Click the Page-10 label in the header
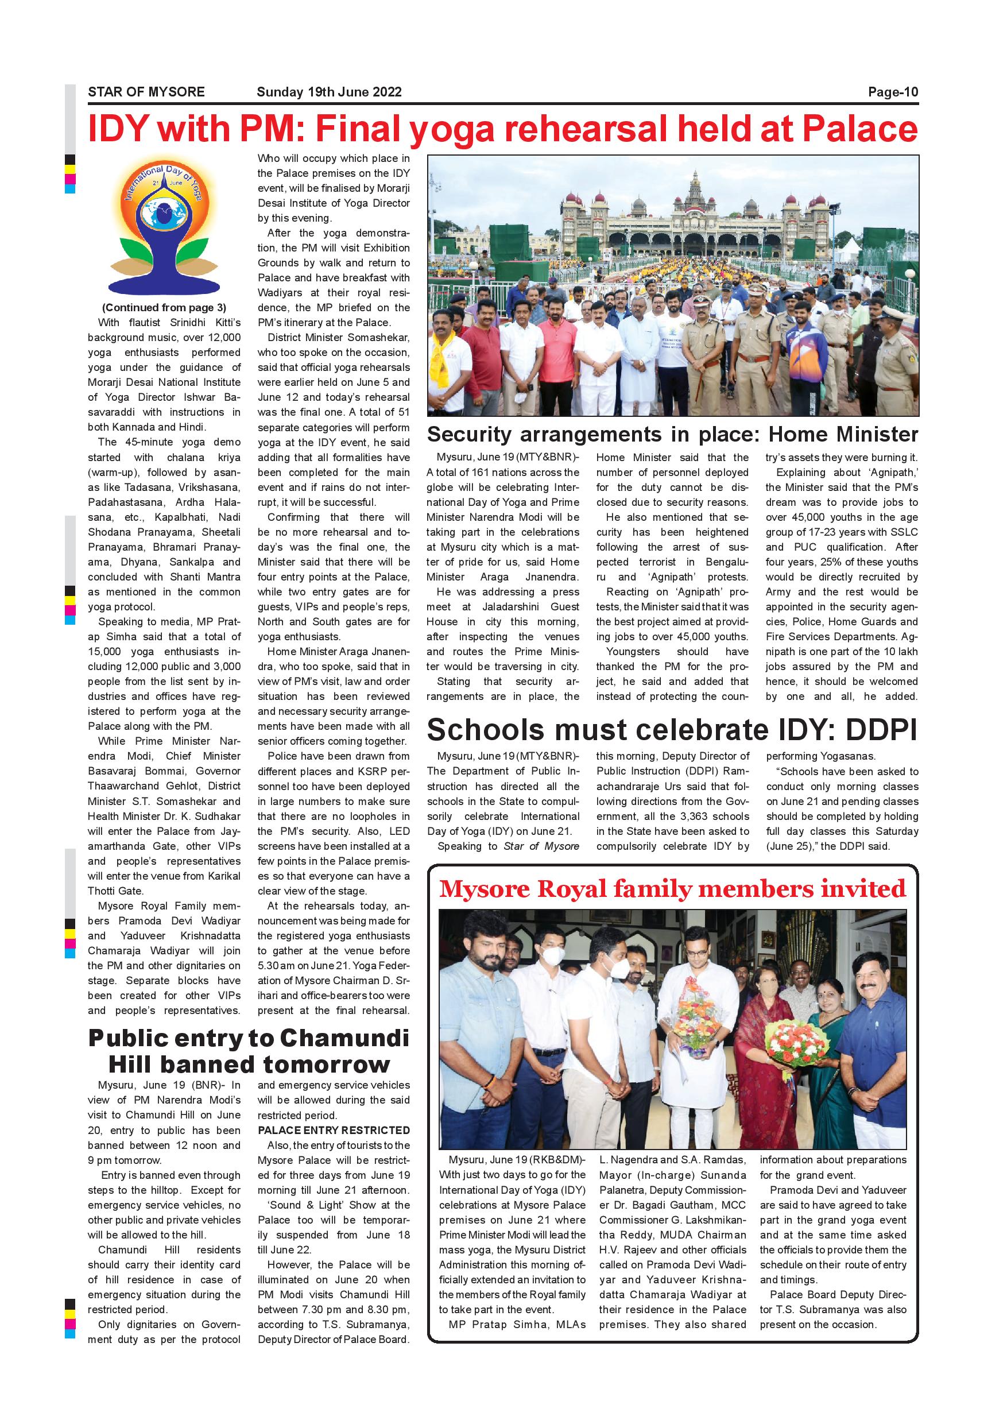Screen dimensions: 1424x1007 [x=892, y=92]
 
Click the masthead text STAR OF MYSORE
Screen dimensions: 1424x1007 [x=146, y=92]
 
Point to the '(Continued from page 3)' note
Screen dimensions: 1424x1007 [x=164, y=308]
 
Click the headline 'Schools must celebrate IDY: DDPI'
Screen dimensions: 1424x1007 [x=672, y=730]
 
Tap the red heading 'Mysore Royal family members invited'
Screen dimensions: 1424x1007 [x=672, y=889]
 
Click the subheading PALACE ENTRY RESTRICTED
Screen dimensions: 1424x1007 [x=334, y=1131]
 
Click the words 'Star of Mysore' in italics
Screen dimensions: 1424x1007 [x=541, y=846]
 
